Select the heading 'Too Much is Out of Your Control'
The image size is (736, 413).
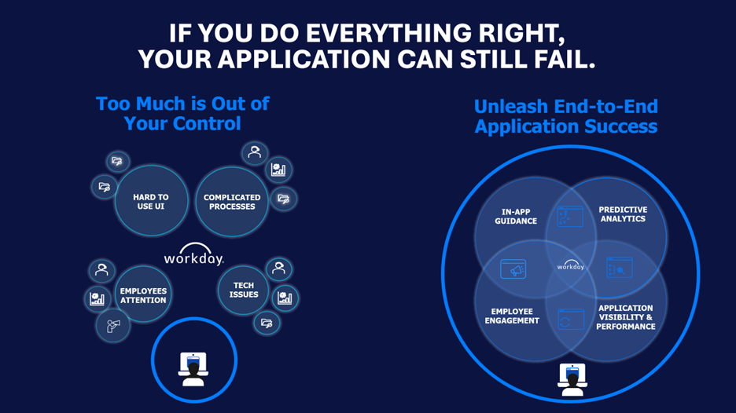point(182,113)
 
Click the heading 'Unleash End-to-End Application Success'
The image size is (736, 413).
point(565,116)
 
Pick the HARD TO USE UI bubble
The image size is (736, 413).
point(151,202)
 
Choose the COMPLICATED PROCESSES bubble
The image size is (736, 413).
point(232,202)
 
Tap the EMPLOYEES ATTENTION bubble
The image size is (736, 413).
point(143,295)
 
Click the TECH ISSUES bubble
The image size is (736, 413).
point(244,290)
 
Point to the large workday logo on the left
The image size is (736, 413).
point(193,258)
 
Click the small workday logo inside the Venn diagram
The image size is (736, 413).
point(571,265)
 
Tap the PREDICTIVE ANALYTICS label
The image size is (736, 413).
point(623,214)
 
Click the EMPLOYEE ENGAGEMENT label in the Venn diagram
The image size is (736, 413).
point(512,316)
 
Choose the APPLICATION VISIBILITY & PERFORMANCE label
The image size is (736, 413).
point(625,317)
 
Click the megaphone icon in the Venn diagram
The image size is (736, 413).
point(513,269)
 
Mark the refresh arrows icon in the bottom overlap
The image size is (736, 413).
point(570,320)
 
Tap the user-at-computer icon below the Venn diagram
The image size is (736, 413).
point(572,379)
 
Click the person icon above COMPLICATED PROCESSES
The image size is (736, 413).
point(254,152)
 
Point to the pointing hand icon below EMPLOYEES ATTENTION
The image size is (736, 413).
point(112,324)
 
